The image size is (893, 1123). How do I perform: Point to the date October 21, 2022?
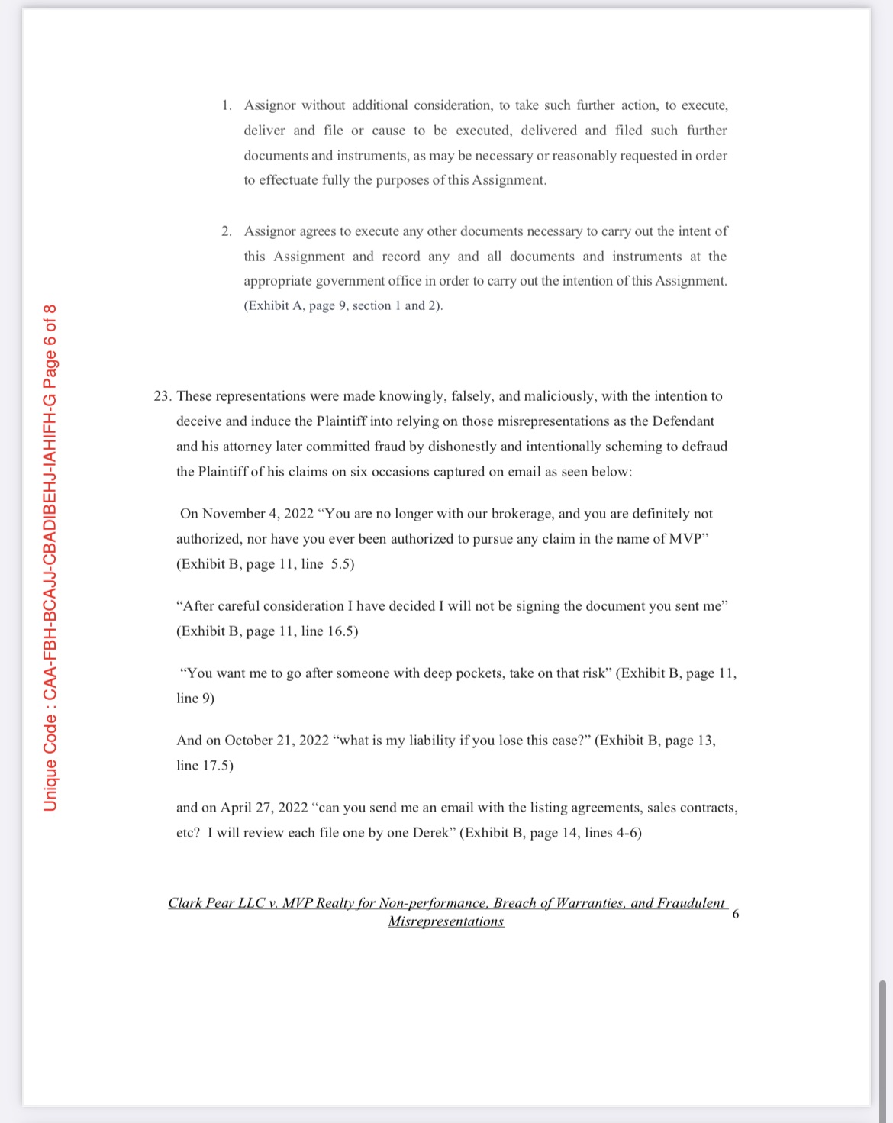point(276,741)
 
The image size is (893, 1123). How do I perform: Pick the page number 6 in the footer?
point(735,914)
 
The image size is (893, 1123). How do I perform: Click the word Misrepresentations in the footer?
point(446,921)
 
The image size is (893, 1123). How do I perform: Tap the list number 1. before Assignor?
point(227,105)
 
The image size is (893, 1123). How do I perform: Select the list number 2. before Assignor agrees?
point(227,231)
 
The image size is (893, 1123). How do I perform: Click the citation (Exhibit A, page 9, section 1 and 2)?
point(343,306)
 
